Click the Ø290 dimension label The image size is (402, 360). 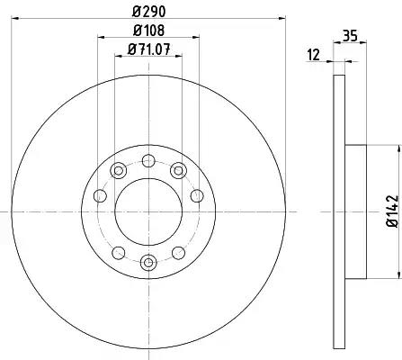click(149, 12)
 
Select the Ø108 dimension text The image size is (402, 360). click(149, 31)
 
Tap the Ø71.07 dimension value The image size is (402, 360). click(149, 49)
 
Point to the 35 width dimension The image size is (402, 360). click(350, 36)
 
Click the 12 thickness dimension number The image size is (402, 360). click(314, 55)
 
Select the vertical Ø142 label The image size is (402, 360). click(393, 211)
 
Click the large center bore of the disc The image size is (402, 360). click(148, 211)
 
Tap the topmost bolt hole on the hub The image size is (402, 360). click(148, 160)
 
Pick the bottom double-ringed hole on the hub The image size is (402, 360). click(148, 263)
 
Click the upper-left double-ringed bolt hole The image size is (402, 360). click(119, 171)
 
